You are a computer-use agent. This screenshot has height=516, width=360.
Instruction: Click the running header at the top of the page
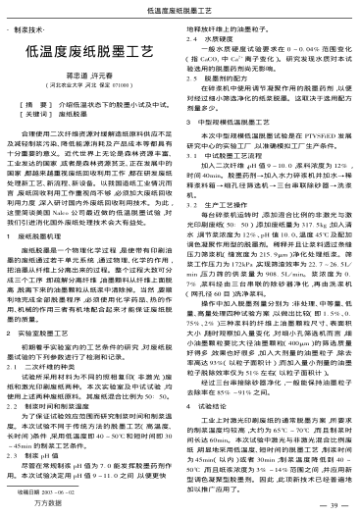point(179,6)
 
